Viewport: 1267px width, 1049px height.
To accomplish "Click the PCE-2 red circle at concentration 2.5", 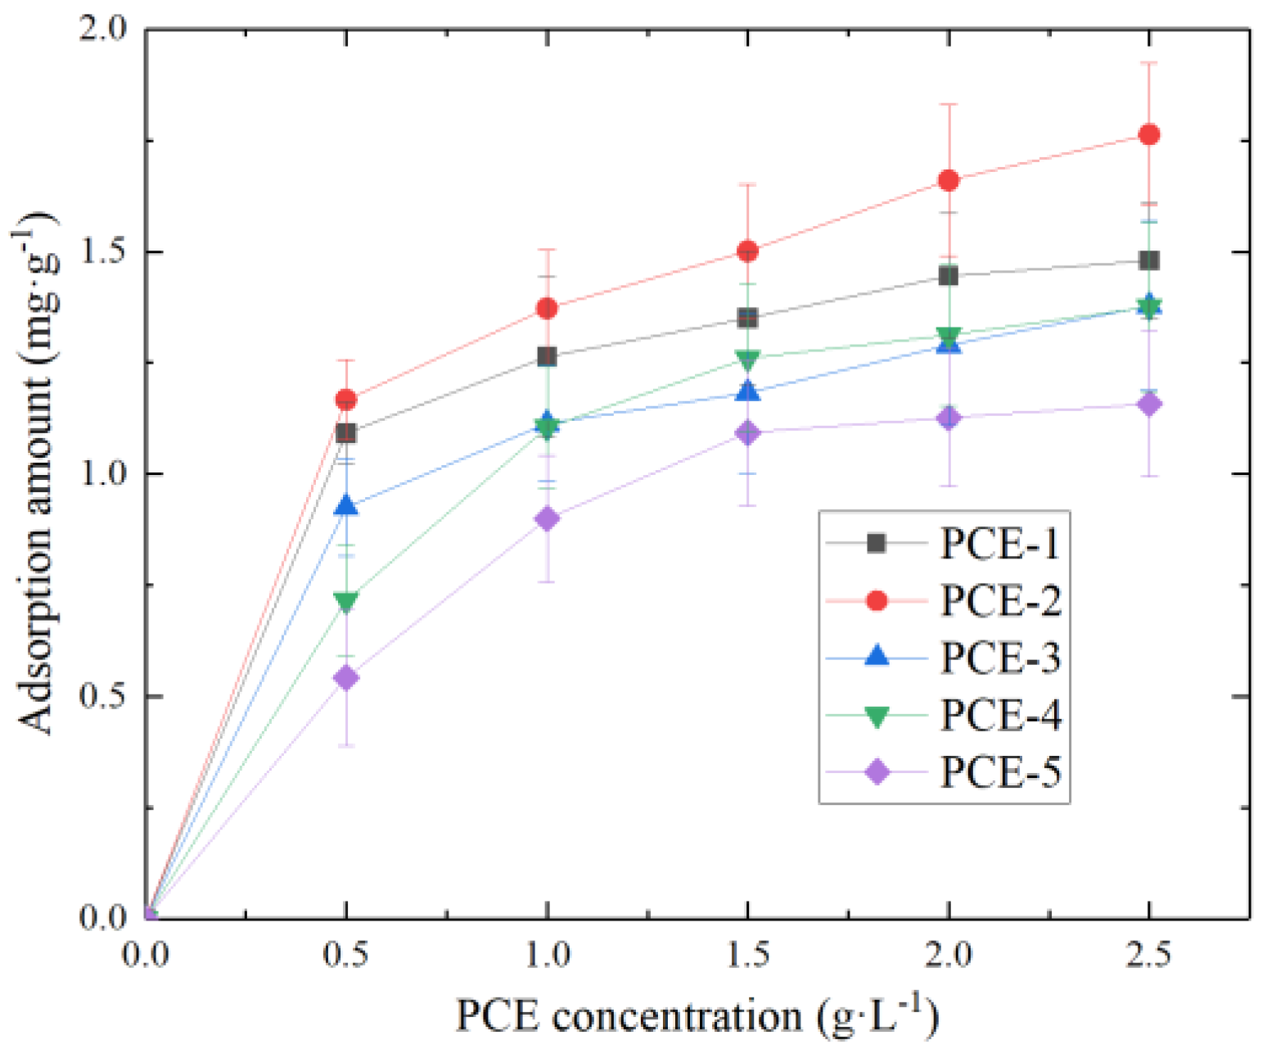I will coord(1148,134).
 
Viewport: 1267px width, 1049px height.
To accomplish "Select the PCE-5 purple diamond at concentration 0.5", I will coord(346,678).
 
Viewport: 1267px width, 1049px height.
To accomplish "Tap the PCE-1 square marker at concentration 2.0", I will coord(948,276).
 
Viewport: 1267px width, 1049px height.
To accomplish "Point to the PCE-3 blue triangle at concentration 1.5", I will coord(747,391).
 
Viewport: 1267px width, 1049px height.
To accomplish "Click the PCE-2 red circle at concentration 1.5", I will coord(747,251).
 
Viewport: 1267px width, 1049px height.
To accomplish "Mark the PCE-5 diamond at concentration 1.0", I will coord(547,518).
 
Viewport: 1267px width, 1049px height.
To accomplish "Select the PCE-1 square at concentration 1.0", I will coord(547,356).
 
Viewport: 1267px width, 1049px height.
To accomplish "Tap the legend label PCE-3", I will coord(1000,658).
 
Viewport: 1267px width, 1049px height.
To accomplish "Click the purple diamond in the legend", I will coord(877,771).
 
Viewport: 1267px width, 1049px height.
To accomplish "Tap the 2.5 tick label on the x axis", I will coord(1148,955).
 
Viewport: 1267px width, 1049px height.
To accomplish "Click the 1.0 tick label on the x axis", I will coord(547,955).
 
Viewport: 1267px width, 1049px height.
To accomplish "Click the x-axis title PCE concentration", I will coord(697,1015).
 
